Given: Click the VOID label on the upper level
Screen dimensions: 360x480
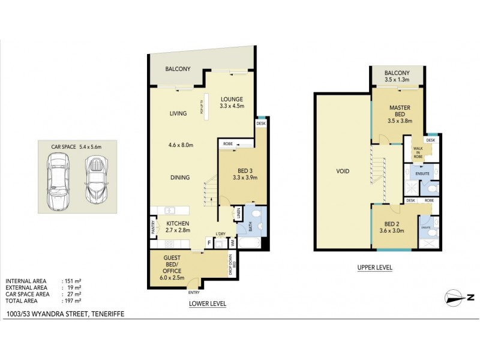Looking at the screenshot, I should coord(343,171).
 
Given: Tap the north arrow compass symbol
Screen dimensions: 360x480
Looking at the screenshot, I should coord(460,296).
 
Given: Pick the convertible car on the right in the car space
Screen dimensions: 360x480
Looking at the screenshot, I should coord(95,179).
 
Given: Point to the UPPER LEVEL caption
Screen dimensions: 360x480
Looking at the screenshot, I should coord(374,268).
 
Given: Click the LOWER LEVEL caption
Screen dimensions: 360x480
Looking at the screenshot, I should coord(207,304).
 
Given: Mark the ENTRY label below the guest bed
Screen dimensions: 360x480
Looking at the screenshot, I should coord(193,292).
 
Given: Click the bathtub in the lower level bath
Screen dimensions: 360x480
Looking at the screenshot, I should coord(251,243).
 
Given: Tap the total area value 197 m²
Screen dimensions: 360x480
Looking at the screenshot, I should coord(73,301).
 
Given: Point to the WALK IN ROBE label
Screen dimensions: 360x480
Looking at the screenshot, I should coord(418,155).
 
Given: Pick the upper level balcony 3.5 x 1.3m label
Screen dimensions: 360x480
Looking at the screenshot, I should coord(397,76).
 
